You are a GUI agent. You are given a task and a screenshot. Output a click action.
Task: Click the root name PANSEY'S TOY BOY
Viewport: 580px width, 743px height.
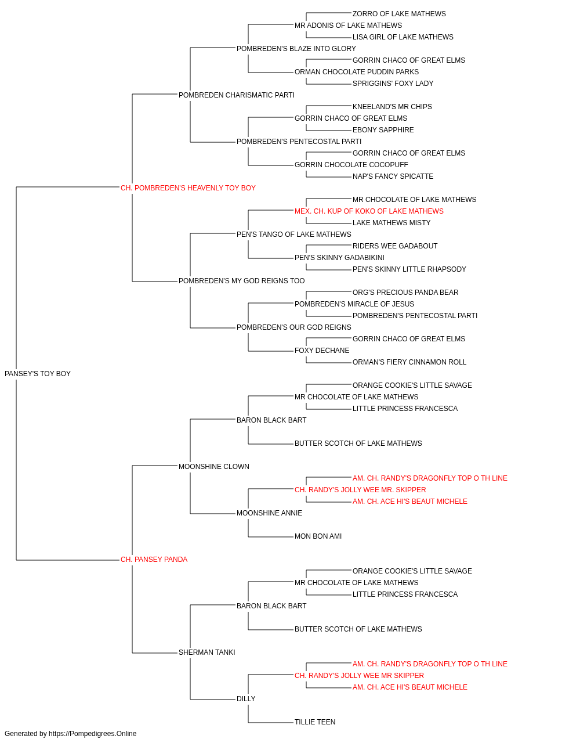[38, 373]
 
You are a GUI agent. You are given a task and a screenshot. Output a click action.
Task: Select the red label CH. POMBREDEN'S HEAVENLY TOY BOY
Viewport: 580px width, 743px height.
[188, 187]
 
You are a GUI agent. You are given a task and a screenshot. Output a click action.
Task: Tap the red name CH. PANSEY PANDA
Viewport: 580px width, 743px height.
[154, 560]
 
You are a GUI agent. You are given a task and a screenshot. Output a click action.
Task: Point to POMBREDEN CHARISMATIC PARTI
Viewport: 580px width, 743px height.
[237, 95]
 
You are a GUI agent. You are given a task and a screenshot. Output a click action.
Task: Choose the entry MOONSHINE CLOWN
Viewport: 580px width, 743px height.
[214, 466]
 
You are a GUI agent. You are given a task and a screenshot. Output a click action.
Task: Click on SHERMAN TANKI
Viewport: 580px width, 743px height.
[206, 652]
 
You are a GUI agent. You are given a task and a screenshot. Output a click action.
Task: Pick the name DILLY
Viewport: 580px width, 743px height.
[246, 698]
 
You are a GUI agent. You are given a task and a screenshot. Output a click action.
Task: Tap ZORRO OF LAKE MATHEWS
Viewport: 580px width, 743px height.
[399, 14]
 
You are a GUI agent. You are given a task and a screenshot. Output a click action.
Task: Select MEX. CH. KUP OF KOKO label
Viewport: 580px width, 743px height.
[369, 211]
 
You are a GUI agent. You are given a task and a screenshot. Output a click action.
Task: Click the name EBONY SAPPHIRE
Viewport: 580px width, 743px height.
[383, 130]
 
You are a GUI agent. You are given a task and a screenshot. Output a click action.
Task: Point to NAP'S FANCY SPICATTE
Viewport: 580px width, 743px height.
[393, 176]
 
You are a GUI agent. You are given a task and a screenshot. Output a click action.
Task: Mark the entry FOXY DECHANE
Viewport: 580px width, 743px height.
[322, 351]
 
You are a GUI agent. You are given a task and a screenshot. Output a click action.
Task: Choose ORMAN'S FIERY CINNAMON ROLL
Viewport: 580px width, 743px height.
[409, 362]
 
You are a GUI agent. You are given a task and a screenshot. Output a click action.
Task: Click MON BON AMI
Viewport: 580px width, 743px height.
[318, 536]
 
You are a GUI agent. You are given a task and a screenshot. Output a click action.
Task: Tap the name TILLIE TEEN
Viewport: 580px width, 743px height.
[315, 722]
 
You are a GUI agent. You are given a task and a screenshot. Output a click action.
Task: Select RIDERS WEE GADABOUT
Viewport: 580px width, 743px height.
[395, 246]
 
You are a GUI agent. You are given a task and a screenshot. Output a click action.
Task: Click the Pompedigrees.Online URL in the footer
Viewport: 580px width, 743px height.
[93, 734]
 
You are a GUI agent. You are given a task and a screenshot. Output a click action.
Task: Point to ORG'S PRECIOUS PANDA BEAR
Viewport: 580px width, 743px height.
[405, 293]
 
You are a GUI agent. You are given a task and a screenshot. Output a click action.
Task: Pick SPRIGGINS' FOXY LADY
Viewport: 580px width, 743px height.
[393, 84]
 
